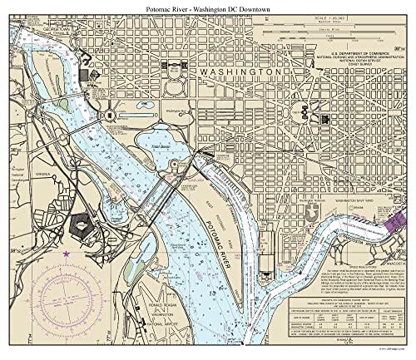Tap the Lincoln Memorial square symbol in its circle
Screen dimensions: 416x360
coord(111,114)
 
